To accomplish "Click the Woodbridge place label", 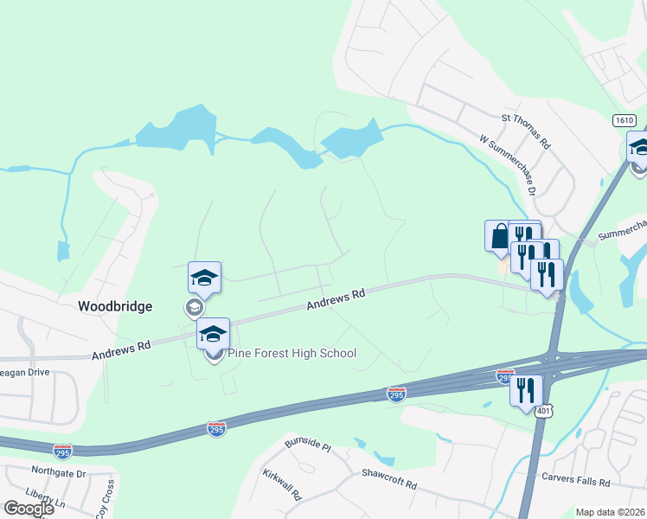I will point(115,306).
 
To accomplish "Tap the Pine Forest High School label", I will point(292,353).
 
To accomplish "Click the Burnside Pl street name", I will point(308,446).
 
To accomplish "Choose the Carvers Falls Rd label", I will point(575,479).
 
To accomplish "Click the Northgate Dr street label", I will point(58,474).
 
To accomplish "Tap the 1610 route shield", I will point(625,119).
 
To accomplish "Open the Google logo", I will point(28,509).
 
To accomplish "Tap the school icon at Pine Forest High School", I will point(213,334).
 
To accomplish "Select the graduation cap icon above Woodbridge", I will point(204,278).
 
